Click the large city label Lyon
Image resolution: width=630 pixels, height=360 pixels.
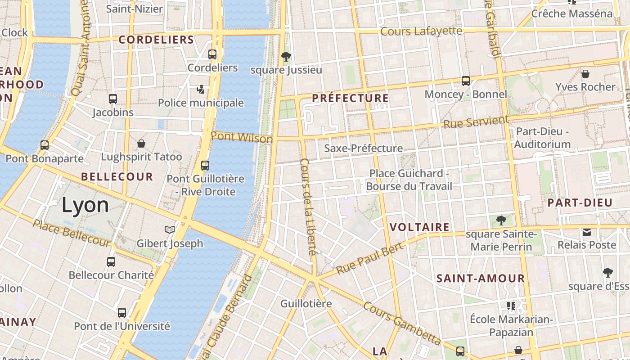85,205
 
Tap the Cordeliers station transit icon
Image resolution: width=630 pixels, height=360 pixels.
212,54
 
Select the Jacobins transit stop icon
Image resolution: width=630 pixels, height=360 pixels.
113,99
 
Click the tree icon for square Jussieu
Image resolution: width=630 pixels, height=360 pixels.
286,56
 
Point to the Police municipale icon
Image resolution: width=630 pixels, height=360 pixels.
201,90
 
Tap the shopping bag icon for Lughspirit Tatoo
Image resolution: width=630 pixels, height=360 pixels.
141,144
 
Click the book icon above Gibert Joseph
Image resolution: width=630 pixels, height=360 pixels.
170,230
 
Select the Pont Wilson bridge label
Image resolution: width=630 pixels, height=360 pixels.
242,137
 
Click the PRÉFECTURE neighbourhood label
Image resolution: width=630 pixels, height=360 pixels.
350,98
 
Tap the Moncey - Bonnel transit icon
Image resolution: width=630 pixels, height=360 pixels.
466,81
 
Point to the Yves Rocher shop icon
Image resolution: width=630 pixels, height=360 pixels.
585,73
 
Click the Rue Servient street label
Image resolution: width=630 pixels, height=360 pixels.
476,122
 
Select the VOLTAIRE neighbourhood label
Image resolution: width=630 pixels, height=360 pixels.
419,227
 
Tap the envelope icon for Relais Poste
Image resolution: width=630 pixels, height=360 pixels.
587,232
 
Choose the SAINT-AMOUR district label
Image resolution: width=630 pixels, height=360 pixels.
481,279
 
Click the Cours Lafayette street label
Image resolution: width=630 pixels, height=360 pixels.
421,31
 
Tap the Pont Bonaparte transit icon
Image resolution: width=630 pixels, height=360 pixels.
45,145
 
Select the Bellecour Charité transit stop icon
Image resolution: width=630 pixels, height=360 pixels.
111,261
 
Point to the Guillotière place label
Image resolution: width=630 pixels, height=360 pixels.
306,304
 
